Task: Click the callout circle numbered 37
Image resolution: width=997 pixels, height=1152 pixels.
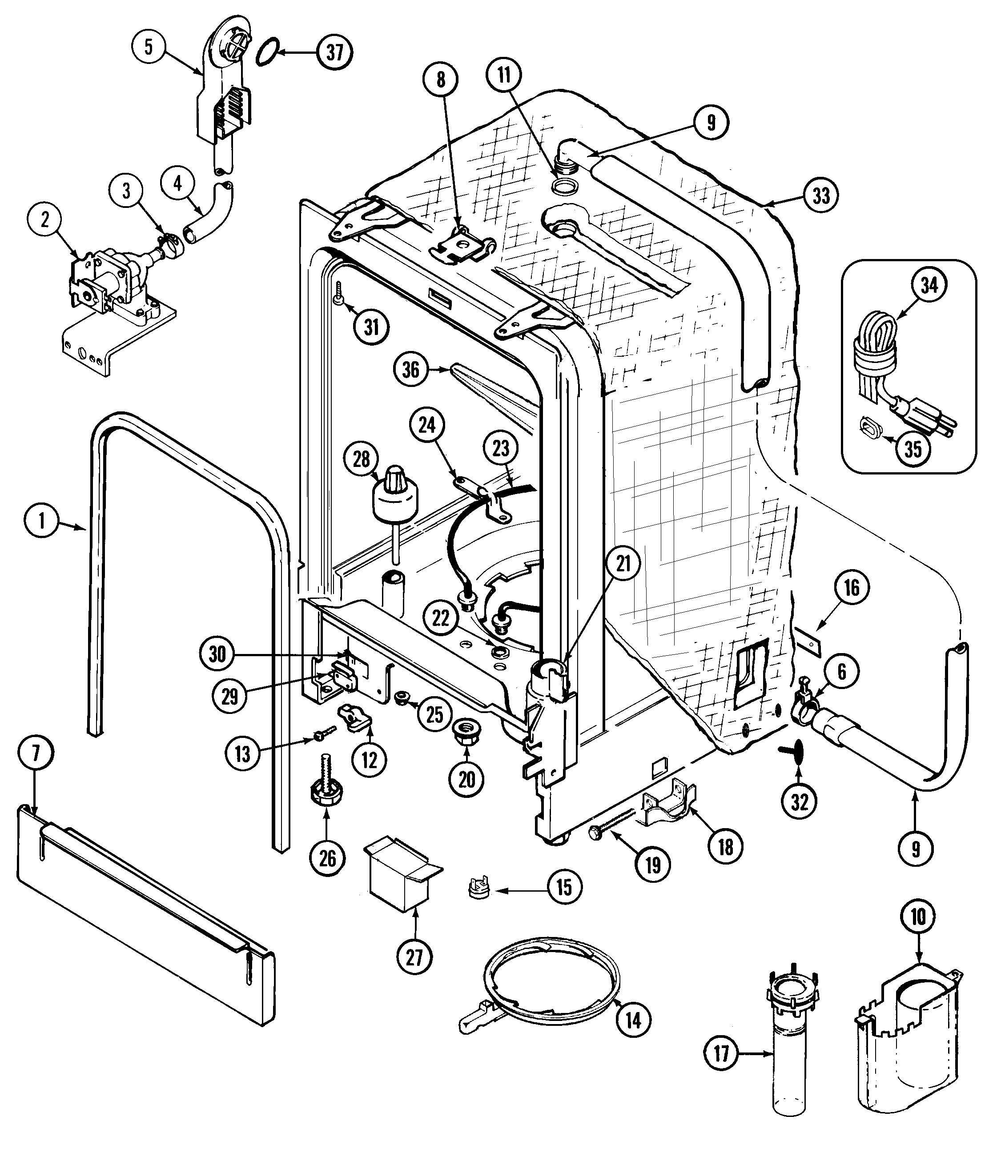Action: point(334,52)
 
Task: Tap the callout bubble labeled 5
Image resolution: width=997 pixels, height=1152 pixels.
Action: point(149,47)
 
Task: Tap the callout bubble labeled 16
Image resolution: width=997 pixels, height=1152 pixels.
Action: point(852,588)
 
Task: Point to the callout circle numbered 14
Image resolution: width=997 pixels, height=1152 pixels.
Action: point(633,1020)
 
